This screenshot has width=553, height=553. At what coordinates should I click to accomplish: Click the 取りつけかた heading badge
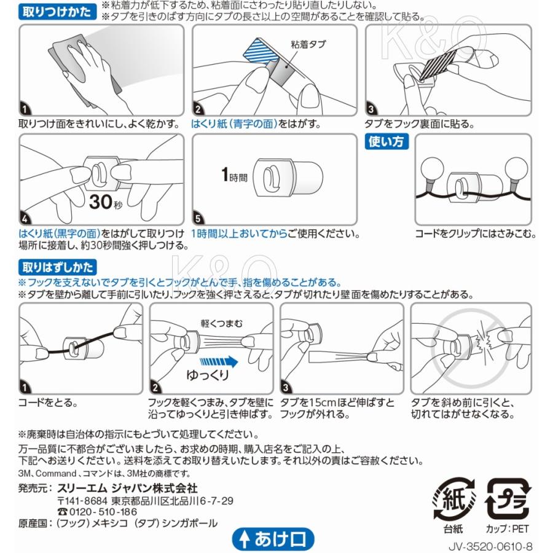pos(57,12)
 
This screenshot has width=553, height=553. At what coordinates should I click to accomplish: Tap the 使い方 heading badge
pos(386,141)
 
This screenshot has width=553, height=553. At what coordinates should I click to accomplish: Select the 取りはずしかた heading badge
pos(58,267)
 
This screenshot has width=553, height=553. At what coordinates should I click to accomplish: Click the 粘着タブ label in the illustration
pos(308,44)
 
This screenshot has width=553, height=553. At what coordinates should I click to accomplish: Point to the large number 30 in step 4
pos(101,202)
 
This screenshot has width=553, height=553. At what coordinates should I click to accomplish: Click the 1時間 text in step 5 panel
pos(235,175)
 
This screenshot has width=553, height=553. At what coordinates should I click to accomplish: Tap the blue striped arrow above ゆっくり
pos(219,362)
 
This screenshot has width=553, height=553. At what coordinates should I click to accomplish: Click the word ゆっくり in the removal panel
pos(208,375)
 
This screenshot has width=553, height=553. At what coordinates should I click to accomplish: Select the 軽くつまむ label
pos(222,323)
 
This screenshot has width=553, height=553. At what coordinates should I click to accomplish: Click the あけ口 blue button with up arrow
pos(273,539)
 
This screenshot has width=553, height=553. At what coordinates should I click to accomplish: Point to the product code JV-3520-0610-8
pos(490,546)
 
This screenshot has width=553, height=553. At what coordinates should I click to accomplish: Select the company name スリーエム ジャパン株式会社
pos(127,488)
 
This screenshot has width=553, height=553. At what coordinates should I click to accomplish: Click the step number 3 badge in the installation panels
pos(371,110)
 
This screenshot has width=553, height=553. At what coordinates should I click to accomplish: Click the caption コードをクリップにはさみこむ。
pos(476,234)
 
